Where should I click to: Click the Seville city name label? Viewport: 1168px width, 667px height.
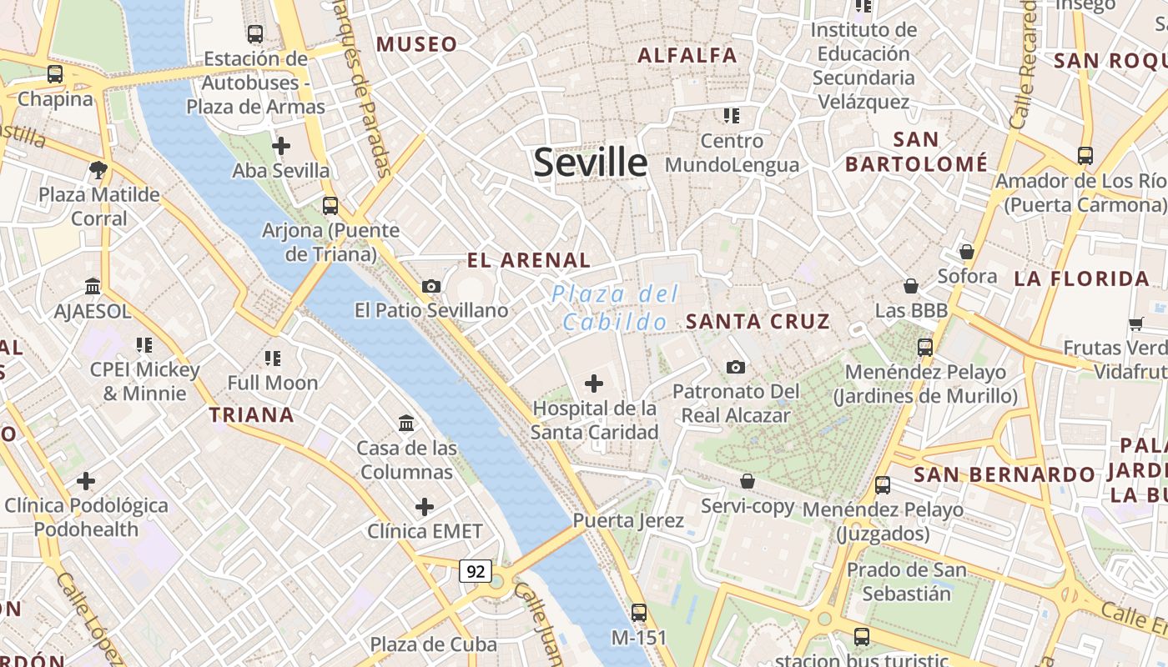pyautogui.click(x=590, y=162)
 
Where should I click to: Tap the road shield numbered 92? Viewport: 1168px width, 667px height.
pyautogui.click(x=475, y=571)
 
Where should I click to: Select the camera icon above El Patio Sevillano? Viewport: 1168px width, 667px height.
pyautogui.click(x=431, y=287)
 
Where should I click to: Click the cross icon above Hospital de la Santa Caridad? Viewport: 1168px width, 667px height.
pyautogui.click(x=594, y=384)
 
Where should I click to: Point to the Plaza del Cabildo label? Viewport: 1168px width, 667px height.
pyautogui.click(x=616, y=308)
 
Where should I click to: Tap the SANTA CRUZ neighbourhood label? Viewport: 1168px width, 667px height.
pyautogui.click(x=758, y=321)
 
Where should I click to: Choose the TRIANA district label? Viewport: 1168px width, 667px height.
pyautogui.click(x=251, y=414)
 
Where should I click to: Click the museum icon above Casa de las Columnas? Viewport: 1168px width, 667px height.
pyautogui.click(x=406, y=424)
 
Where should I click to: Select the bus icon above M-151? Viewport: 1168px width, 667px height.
pyautogui.click(x=639, y=613)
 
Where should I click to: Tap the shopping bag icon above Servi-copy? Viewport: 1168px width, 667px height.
pyautogui.click(x=748, y=481)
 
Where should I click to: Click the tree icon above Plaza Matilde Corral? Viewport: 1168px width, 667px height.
pyautogui.click(x=98, y=171)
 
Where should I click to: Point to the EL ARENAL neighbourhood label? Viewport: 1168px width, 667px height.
pyautogui.click(x=529, y=260)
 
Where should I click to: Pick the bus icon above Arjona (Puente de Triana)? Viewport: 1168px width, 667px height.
pyautogui.click(x=330, y=205)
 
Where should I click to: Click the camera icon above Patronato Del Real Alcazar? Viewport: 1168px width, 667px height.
pyautogui.click(x=735, y=367)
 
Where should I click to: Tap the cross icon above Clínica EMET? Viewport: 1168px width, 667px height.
pyautogui.click(x=425, y=507)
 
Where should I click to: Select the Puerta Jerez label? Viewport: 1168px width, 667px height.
pyautogui.click(x=628, y=521)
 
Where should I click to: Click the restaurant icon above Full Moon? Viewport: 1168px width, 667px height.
pyautogui.click(x=273, y=359)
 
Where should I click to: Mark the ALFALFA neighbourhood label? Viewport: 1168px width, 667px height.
pyautogui.click(x=687, y=56)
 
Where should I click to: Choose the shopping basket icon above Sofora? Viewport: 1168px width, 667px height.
pyautogui.click(x=967, y=252)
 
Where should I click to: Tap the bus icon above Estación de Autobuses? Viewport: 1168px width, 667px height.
pyautogui.click(x=255, y=34)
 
